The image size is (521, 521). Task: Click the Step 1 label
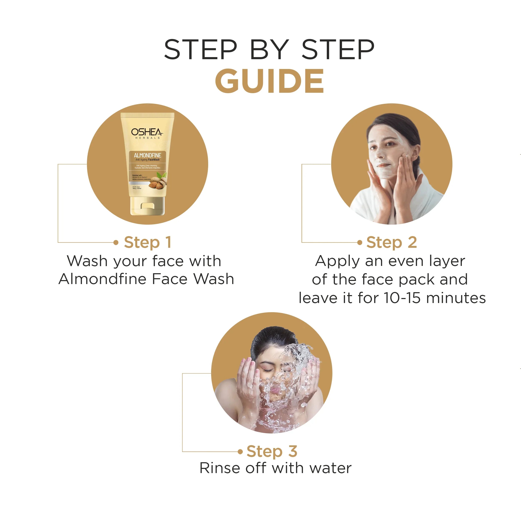coord(147,242)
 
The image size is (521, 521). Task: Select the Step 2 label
coord(391,242)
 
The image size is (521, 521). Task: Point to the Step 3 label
coord(272,451)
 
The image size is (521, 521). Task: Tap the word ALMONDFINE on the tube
coord(147,155)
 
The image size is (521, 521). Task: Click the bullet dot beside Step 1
coord(116,242)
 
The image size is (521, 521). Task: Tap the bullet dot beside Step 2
coord(359,242)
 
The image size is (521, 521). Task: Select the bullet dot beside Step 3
coord(240,452)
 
